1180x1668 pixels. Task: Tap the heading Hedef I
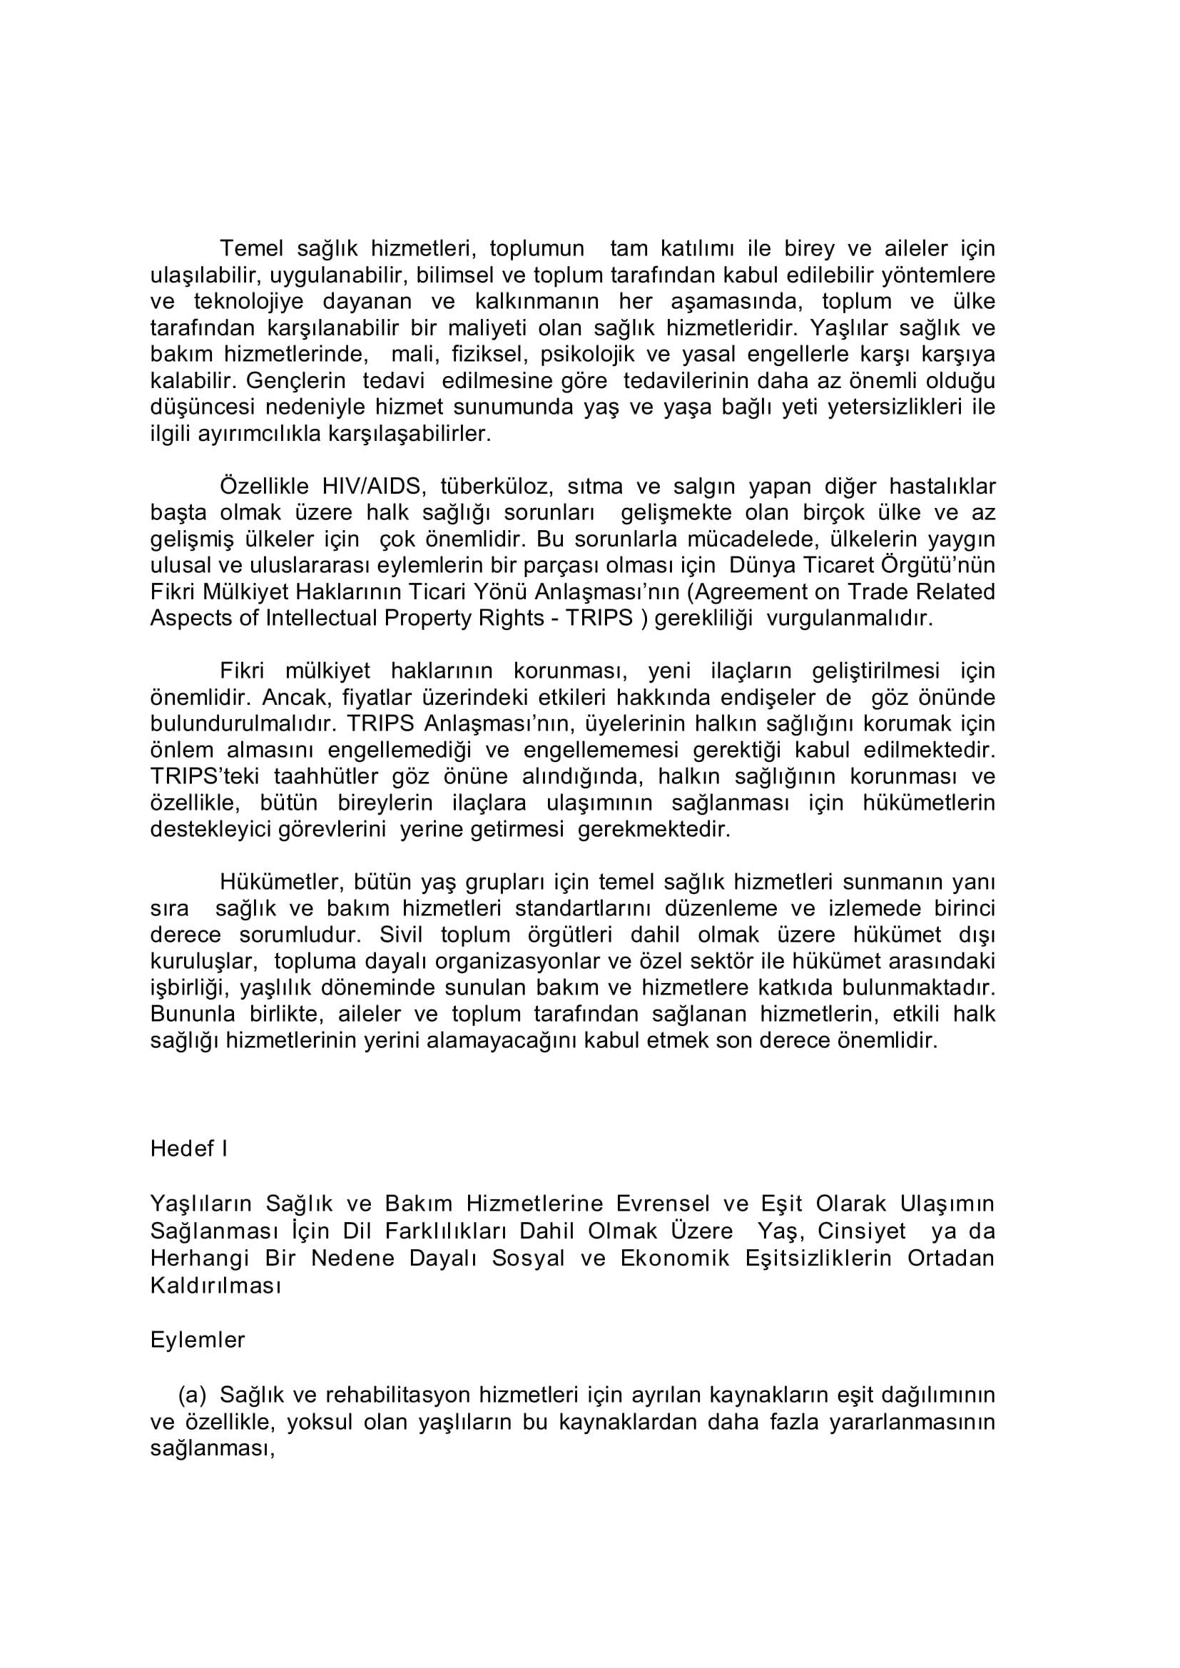pos(189,1149)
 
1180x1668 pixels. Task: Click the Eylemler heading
pos(198,1340)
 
